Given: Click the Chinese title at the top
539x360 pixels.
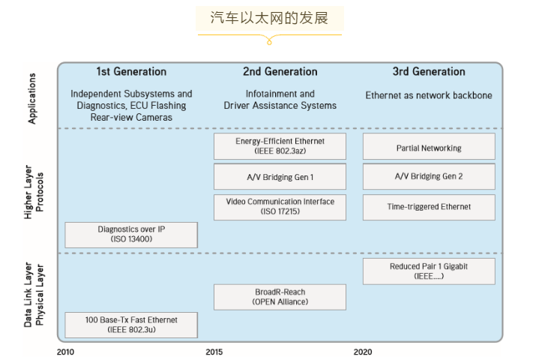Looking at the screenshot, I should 269,18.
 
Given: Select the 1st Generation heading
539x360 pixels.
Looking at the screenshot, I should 131,72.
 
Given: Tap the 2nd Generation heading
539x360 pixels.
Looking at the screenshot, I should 280,72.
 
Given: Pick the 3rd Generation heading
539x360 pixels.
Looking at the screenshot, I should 429,72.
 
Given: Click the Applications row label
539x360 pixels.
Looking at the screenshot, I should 32,97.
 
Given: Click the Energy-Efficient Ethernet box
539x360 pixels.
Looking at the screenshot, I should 280,146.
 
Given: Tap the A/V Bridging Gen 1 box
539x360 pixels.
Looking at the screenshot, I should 280,177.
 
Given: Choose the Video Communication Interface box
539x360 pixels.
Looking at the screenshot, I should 280,207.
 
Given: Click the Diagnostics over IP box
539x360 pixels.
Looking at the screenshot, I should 131,235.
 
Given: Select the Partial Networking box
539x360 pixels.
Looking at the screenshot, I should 429,147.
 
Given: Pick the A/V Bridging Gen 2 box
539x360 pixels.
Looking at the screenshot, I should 429,177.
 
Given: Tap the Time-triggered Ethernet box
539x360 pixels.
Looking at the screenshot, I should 429,207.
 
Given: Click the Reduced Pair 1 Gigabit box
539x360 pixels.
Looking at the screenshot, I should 429,271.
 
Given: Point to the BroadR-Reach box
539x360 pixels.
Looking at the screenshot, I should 280,297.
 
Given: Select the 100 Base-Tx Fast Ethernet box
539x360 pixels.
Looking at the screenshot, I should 131,325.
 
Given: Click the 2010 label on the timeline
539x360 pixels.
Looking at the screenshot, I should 67,351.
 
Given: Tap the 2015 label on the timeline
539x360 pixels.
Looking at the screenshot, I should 215,351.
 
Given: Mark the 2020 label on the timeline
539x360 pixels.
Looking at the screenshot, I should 363,351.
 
